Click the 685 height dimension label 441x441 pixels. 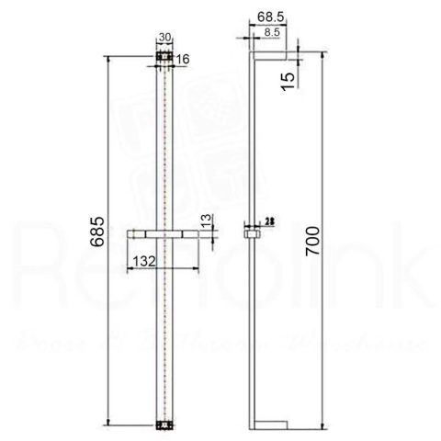click(x=95, y=242)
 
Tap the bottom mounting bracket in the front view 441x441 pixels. click(x=165, y=424)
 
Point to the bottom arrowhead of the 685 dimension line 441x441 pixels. click(x=108, y=424)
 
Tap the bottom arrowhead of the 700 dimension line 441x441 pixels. click(x=322, y=425)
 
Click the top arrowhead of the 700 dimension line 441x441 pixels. click(x=322, y=56)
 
